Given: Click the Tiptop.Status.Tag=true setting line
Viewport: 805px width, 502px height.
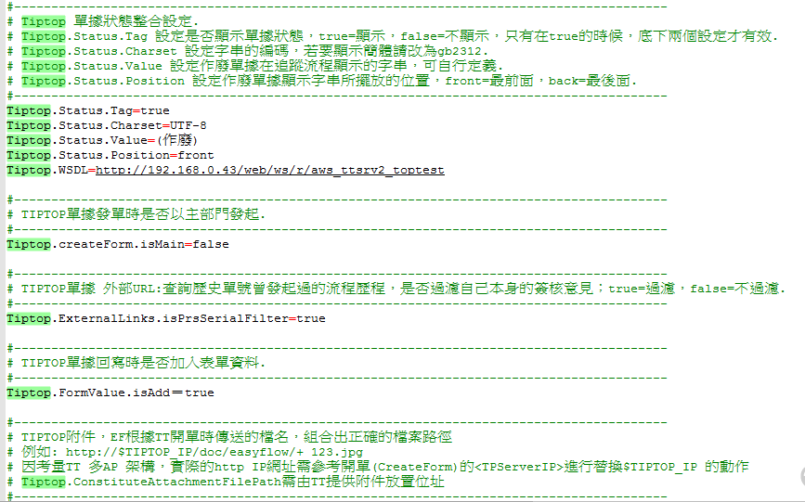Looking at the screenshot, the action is click(87, 110).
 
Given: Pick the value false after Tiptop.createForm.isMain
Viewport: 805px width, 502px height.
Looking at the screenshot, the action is click(210, 244).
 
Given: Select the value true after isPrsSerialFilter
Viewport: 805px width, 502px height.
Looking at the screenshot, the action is click(311, 318).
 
